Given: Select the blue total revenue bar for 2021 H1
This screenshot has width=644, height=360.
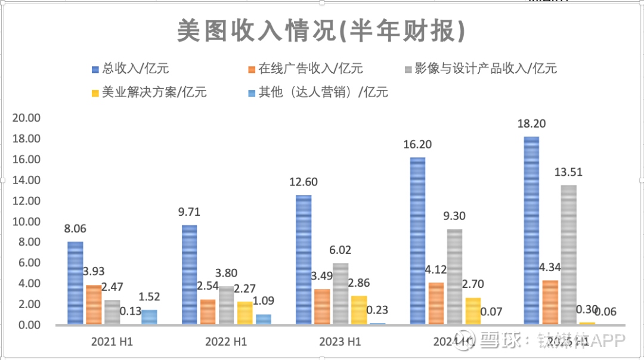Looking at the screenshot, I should (75, 283).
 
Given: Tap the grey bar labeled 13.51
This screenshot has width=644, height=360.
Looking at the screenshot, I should (568, 255).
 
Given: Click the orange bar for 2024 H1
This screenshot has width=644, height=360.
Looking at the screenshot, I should (436, 303).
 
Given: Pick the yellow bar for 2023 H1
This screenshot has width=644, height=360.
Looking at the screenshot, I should (359, 310).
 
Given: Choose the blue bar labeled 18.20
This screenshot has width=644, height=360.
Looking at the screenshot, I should (531, 231).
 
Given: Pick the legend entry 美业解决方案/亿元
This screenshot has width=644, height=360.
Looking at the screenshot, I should (148, 92).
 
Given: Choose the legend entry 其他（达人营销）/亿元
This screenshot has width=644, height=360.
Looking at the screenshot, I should (316, 92).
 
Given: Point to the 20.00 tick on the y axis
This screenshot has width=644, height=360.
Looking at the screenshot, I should (26, 118).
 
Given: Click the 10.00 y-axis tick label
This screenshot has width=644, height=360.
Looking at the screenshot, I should (26, 222).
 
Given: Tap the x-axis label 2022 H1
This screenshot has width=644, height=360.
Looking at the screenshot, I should (226, 342).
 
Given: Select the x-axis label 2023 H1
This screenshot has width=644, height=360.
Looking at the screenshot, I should (340, 342).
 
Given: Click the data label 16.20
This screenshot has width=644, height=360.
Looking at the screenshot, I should (417, 144).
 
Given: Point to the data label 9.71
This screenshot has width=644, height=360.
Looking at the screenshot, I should (189, 212).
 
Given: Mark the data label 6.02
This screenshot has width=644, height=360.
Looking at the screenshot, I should (340, 250).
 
